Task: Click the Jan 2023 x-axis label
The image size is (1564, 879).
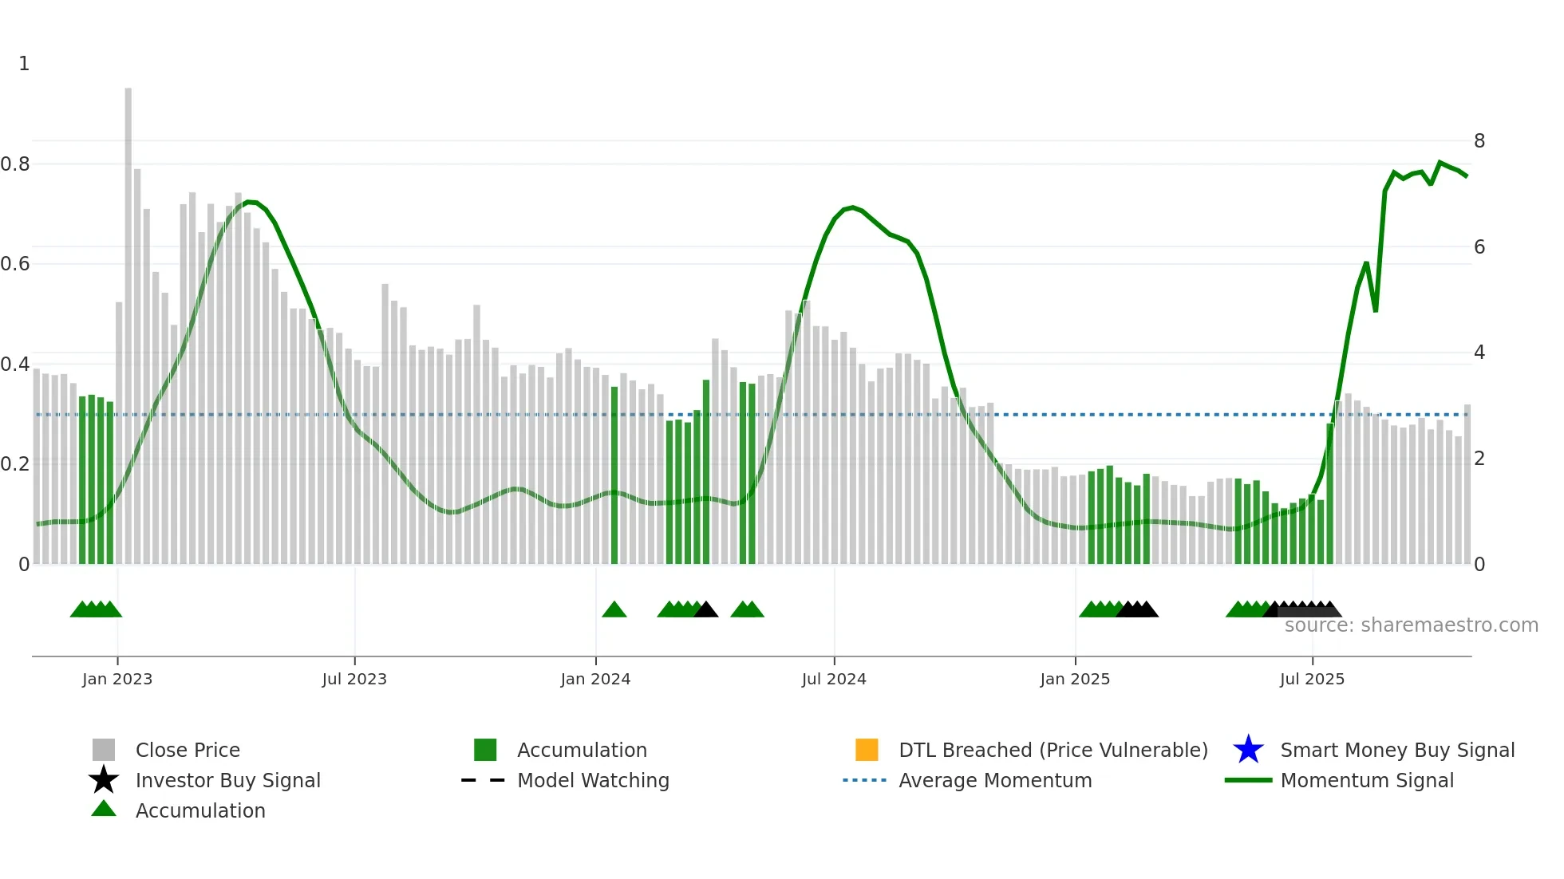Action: click(117, 679)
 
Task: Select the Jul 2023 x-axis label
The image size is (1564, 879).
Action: click(354, 679)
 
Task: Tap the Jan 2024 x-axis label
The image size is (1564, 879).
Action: click(595, 679)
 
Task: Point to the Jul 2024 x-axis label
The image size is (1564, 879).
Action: click(834, 679)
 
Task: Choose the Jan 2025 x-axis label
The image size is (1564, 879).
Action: click(1075, 679)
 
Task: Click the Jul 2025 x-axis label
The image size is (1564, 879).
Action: click(1312, 679)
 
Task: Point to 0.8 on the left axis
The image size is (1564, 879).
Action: click(15, 164)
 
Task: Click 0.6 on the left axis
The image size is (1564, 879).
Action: click(15, 264)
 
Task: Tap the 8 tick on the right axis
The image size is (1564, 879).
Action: click(1479, 141)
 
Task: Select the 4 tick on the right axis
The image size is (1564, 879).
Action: click(1479, 353)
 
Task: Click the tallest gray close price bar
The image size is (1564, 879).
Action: click(128, 319)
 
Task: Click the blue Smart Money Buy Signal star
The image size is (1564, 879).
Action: click(1248, 750)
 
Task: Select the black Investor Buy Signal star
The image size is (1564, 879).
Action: click(104, 780)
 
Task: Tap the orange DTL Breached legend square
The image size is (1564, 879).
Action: click(867, 750)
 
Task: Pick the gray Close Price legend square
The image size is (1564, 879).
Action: click(104, 750)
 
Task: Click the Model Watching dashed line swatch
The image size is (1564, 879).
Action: click(484, 780)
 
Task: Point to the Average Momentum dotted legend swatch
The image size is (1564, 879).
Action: click(865, 780)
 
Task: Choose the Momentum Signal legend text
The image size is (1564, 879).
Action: click(1367, 780)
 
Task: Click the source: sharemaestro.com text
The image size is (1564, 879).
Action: click(1411, 625)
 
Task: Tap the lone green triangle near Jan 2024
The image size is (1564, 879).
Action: click(614, 610)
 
